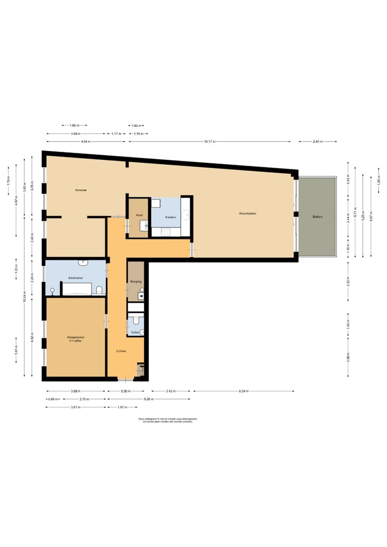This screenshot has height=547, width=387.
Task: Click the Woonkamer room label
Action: pos(247,214)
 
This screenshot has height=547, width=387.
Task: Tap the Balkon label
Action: pos(317,217)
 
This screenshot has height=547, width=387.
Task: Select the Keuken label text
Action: pos(171,217)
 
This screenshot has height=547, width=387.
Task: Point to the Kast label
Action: pos(139,215)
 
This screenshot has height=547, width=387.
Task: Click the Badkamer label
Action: pos(75,278)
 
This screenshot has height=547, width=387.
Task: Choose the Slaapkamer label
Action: pos(75,338)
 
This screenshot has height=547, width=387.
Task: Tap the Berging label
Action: pos(135,281)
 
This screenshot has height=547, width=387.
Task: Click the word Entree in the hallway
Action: pos(121,351)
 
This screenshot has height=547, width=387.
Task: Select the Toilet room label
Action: pos(135,332)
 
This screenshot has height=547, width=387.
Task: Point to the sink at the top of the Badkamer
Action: pos(83,262)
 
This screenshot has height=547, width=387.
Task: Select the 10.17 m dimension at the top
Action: pos(210,141)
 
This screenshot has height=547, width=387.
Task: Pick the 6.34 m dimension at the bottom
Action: pos(243,391)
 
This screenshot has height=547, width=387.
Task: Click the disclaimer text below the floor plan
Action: pos(167,420)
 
